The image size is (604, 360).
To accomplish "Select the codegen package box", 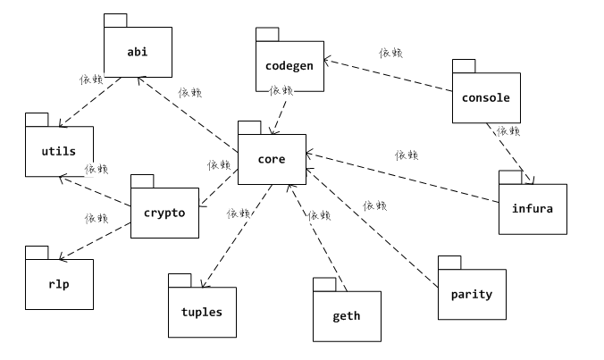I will pos(289,65).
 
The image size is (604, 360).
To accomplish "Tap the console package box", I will pos(485,96).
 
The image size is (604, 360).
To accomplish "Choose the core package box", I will pos(272,159).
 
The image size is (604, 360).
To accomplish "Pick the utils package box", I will pos(59,151).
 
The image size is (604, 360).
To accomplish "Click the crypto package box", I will pos(164,213).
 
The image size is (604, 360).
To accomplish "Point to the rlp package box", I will pos(59,283).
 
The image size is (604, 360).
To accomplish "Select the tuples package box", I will pos(202,312).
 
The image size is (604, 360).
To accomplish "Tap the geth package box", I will pos(347,315).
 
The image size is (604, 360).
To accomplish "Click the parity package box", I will pos(471,294).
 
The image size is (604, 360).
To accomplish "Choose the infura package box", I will pos(533,209).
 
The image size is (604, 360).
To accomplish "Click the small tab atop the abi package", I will pos(114,21).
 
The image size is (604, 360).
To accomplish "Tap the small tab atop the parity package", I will pos(449,262).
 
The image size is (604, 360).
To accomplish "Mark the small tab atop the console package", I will pos(463,65).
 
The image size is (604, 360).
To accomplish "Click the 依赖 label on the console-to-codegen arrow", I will pos(390,54).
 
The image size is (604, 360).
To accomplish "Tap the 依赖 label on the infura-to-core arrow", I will pos(407,155).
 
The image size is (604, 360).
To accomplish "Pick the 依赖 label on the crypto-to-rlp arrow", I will pos(96,218).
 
